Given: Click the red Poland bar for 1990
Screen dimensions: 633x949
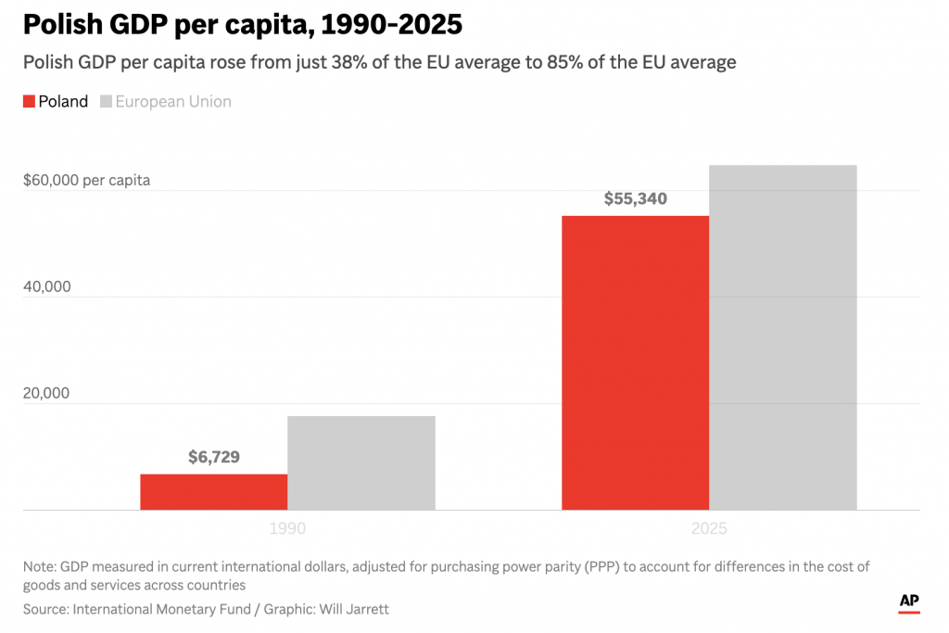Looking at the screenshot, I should tap(213, 491).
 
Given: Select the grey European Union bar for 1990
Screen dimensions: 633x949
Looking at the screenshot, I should tap(361, 462).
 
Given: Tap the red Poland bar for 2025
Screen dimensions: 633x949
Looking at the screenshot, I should tap(635, 362).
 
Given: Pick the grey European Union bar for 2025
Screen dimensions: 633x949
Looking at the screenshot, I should tap(782, 337).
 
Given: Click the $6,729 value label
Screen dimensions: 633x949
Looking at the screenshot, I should tap(213, 457).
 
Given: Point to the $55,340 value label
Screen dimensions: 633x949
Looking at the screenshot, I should tap(635, 198).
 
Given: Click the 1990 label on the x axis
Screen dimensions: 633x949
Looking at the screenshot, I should tap(287, 529).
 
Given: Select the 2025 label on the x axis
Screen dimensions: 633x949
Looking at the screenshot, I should tap(709, 529).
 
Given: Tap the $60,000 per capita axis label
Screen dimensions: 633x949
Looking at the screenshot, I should tap(86, 180).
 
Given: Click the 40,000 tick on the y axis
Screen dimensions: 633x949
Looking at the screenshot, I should tap(46, 286).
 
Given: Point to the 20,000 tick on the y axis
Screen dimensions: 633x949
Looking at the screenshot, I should tap(46, 393).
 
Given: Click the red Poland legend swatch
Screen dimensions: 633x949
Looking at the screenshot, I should tap(29, 102).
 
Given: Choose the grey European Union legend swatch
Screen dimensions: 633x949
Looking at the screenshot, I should tap(106, 102).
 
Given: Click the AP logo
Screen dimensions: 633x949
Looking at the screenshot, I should tap(909, 601).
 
